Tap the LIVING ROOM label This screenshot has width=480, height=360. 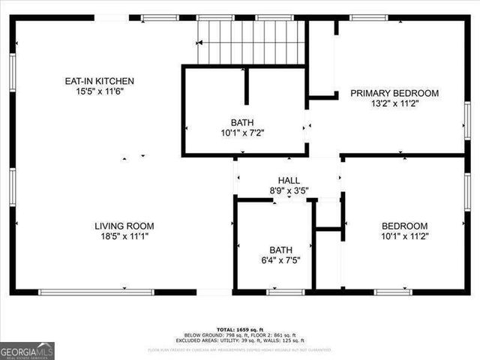click(x=124, y=226)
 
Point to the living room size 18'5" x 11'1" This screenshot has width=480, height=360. click(x=124, y=236)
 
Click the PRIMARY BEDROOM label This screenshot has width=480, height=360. click(x=394, y=94)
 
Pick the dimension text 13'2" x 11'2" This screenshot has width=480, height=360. click(x=394, y=104)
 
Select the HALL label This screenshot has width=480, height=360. click(x=289, y=181)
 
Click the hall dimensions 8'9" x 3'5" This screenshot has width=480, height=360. click(x=289, y=191)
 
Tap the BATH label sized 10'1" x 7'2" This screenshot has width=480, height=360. click(x=242, y=121)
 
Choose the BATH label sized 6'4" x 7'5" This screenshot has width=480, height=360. click(x=281, y=250)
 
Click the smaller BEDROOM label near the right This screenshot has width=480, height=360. click(x=404, y=226)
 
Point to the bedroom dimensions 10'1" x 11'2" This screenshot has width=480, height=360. click(x=404, y=236)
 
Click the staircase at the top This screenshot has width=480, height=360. click(x=251, y=42)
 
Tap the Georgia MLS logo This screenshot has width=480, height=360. click(x=27, y=351)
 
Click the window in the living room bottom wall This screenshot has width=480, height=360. click(x=96, y=292)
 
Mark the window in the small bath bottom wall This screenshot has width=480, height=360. click(x=286, y=292)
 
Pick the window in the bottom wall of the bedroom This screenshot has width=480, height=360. click(x=393, y=292)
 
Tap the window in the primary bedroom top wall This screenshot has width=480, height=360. click(x=369, y=17)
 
